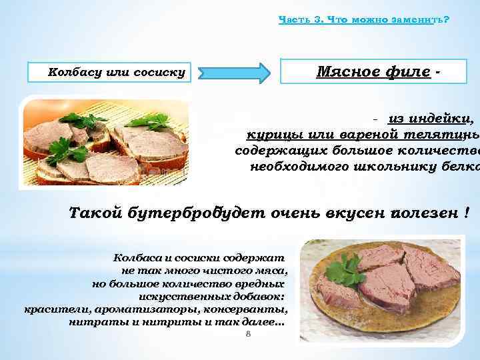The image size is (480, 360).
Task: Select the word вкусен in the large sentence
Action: click(x=352, y=213)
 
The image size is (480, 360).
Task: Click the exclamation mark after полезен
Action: click(x=467, y=213)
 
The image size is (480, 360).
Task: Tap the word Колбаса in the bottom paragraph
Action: click(x=137, y=257)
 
